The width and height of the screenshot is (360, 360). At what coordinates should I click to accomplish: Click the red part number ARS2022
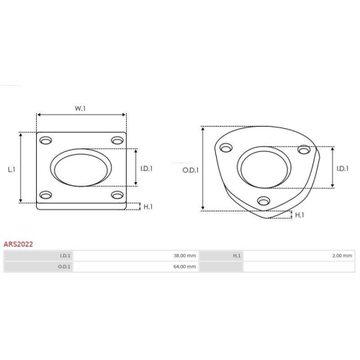(18, 244)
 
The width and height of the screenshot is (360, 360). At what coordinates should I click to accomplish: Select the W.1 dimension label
(80, 109)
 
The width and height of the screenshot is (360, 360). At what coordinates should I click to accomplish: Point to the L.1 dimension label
(12, 169)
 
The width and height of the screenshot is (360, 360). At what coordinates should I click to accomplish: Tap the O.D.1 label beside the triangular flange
(191, 170)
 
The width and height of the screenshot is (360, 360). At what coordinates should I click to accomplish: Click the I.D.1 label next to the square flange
(146, 168)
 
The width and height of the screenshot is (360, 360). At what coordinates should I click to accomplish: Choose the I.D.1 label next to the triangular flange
(343, 168)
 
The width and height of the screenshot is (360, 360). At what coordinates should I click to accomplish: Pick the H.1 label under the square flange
(148, 207)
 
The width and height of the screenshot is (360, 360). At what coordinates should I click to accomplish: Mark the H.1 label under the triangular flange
(300, 215)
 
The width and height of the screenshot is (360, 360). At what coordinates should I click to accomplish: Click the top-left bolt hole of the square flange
(45, 140)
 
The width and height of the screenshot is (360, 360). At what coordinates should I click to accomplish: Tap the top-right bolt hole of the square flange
(117, 140)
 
